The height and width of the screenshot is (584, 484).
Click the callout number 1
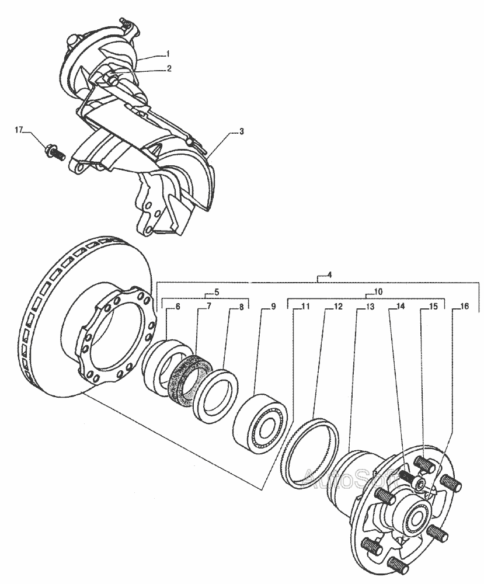[x=168, y=53]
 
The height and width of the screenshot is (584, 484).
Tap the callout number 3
[x=242, y=131]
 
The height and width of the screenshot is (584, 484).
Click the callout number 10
[x=378, y=291]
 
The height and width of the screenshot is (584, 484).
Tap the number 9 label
[x=273, y=306]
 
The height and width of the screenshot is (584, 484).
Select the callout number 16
[x=464, y=306]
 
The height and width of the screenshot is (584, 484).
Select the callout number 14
[x=401, y=306]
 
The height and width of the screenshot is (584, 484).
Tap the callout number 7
[x=209, y=306]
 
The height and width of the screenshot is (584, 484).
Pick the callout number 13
[x=369, y=306]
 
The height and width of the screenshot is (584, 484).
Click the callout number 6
[x=177, y=306]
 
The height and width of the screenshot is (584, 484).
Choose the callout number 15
[x=433, y=306]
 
